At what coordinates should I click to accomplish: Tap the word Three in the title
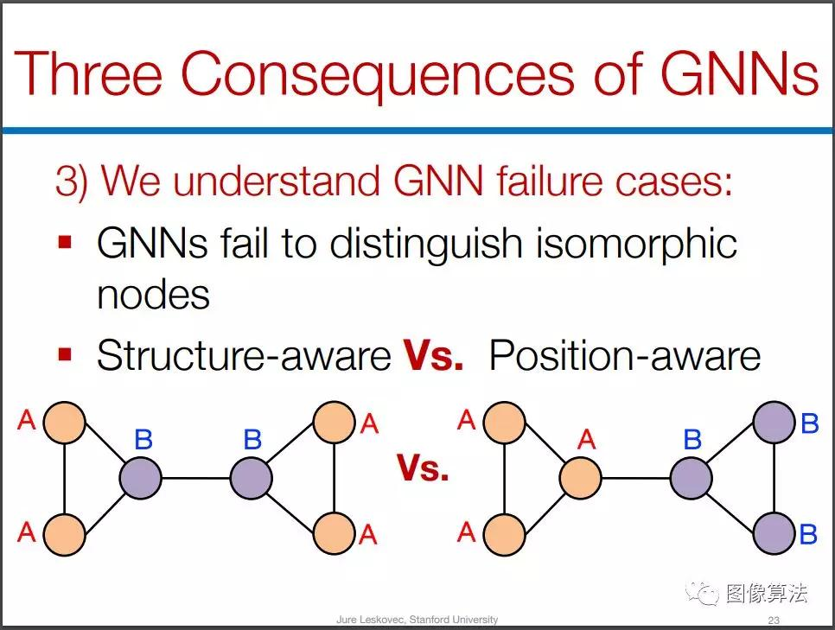coord(88,73)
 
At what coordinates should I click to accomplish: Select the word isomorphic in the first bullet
coord(636,244)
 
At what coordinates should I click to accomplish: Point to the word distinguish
coord(425,245)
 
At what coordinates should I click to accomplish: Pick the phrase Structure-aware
coord(244,356)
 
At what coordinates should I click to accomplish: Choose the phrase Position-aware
coord(625,355)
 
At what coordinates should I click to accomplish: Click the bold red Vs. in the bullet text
coord(433,355)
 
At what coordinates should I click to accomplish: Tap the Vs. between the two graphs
coord(423,468)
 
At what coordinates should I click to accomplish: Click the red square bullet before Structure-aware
coord(65,354)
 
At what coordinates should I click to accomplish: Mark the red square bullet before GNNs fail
coord(65,242)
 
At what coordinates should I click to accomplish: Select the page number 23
coord(774,620)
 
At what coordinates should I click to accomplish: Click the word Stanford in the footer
coord(430,620)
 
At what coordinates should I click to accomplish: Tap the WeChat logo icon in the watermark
coord(702,593)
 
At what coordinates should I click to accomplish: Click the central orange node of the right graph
coord(581,478)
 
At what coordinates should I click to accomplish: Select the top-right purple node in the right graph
coord(774,423)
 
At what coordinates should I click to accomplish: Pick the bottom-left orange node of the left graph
coord(65,534)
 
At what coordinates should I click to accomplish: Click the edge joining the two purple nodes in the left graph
coord(196,478)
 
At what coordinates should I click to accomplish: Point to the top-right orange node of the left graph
coord(334,423)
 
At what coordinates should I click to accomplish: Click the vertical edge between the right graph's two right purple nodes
coord(774,478)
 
